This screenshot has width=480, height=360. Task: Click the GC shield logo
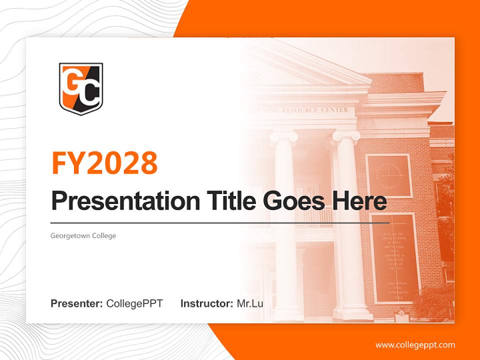click(80, 88)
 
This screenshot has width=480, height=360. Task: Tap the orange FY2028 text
click(104, 162)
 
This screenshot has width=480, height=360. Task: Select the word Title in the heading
click(222, 201)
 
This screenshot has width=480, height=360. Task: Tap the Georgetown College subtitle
click(83, 235)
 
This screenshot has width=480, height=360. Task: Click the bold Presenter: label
click(77, 303)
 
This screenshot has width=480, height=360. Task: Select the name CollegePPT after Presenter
click(134, 303)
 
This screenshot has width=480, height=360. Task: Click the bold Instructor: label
click(206, 303)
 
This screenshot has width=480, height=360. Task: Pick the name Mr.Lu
click(250, 303)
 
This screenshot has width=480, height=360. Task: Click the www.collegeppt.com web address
click(415, 344)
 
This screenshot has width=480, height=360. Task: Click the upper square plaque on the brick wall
click(389, 175)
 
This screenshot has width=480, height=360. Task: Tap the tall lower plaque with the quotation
click(394, 257)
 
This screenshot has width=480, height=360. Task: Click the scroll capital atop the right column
click(346, 135)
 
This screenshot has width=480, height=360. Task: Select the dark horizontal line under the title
click(220, 222)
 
